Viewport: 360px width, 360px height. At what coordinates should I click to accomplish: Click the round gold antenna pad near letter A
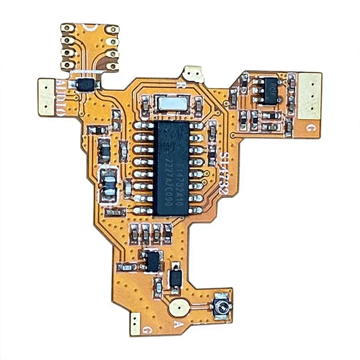click(179, 307)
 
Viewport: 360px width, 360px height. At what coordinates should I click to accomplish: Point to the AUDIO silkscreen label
click(62, 97)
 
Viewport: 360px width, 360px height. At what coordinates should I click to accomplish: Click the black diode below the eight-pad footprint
click(85, 84)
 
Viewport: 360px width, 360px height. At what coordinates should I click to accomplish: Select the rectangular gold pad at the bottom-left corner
click(135, 324)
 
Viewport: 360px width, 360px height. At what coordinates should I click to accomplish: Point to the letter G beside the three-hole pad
click(310, 128)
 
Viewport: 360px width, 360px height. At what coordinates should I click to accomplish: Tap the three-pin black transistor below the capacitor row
click(153, 261)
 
